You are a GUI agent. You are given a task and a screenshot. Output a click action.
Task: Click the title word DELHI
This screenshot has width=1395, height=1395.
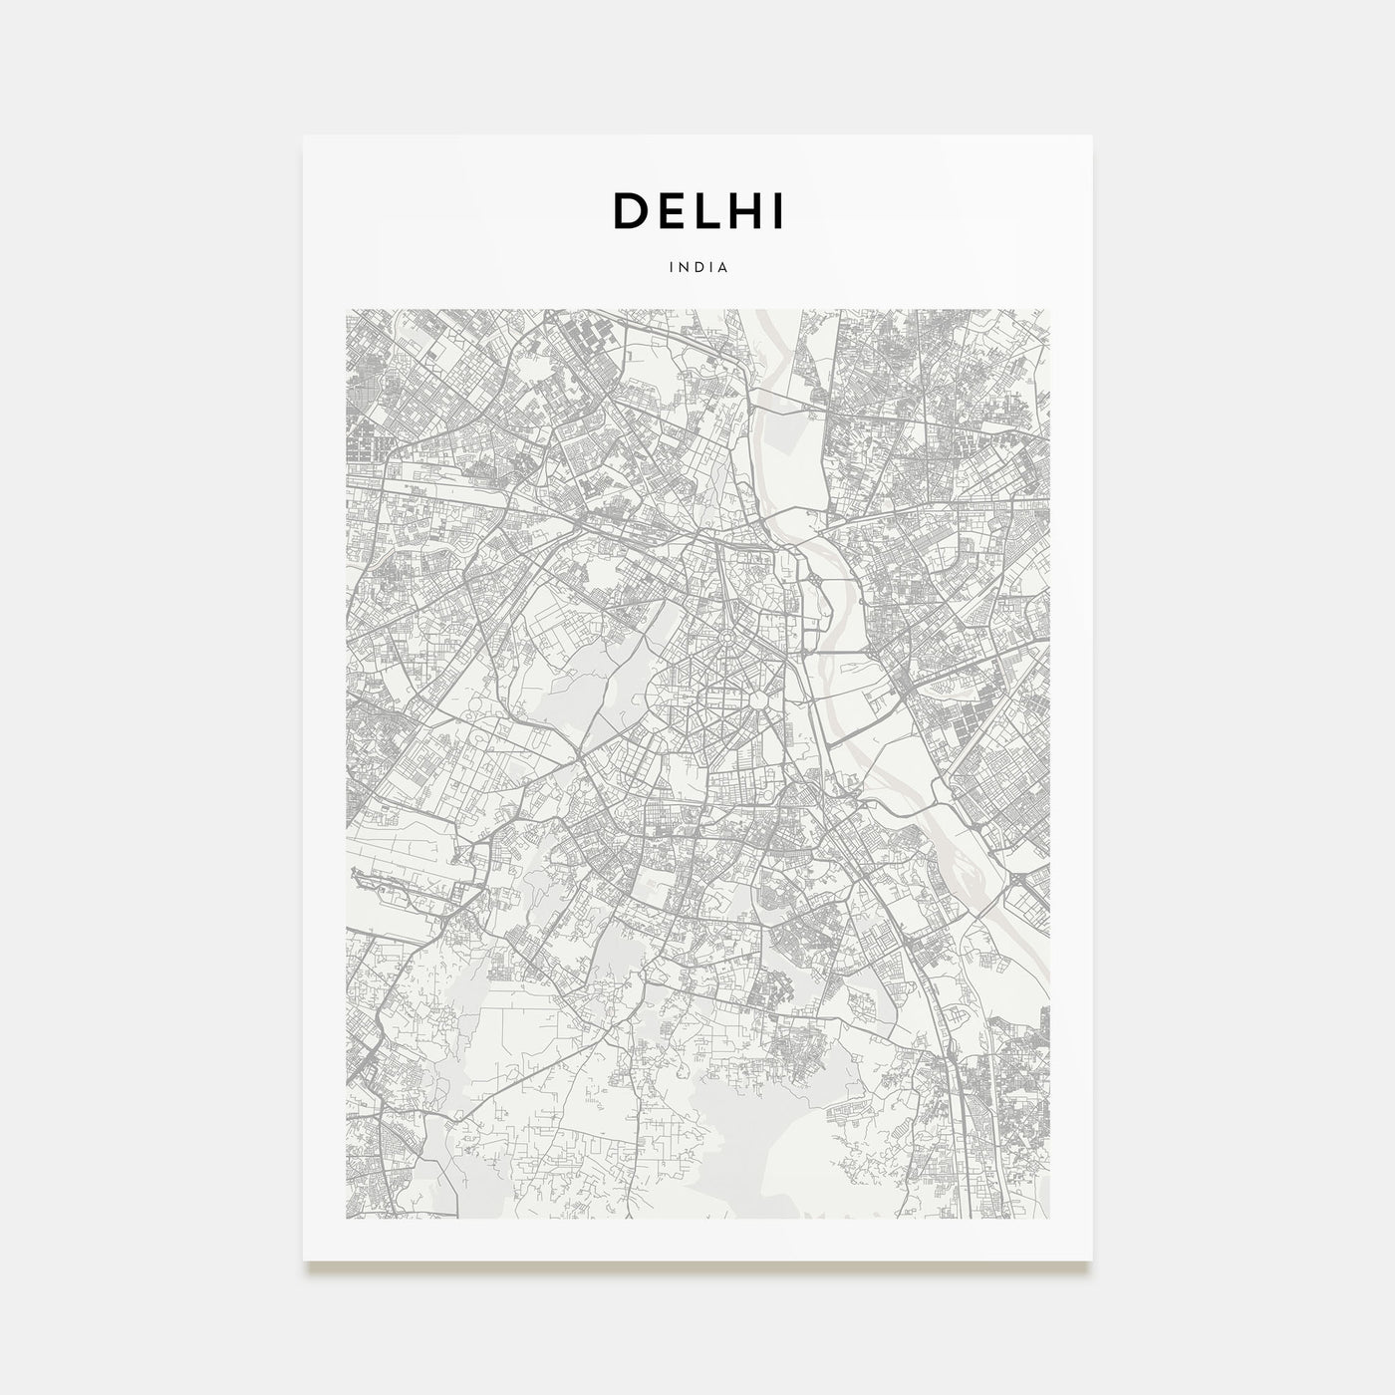click(697, 210)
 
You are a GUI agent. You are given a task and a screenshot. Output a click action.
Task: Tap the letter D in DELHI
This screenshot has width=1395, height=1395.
click(630, 210)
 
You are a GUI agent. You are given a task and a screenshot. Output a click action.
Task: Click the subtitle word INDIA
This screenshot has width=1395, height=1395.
click(697, 267)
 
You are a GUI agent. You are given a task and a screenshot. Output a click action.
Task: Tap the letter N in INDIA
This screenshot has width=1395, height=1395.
click(683, 267)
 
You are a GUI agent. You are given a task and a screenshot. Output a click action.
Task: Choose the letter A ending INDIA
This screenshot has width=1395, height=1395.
click(725, 267)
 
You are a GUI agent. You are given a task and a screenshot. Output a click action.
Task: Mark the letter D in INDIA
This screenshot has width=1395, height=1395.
click(697, 267)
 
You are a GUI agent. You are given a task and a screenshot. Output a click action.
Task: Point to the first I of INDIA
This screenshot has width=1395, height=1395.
click(671, 267)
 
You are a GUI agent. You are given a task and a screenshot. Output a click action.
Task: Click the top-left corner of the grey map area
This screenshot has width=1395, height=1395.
click(346, 310)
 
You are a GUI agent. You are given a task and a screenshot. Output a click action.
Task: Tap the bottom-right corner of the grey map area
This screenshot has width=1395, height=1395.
click(1049, 1219)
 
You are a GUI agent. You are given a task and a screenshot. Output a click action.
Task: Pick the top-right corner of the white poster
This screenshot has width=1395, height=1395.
click(1092, 136)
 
